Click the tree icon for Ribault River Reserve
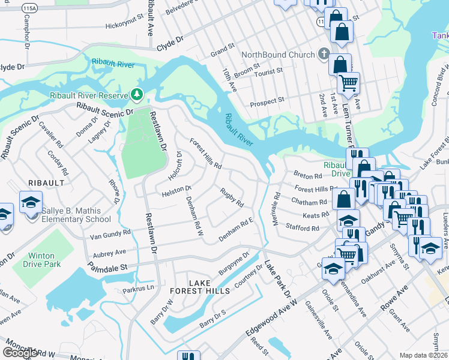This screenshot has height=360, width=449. (x=137, y=95)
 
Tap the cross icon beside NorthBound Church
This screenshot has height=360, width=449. (x=323, y=55)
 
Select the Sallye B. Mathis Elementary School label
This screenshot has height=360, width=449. (x=67, y=215)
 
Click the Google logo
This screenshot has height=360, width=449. (x=20, y=353)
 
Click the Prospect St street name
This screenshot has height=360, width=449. (x=267, y=101)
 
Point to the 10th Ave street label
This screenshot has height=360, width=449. (x=230, y=79)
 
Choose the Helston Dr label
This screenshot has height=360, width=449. (x=176, y=192)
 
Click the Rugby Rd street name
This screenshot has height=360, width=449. (x=231, y=197)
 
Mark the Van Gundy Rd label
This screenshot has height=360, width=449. (x=109, y=233)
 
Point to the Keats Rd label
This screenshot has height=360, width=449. (x=316, y=215)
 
